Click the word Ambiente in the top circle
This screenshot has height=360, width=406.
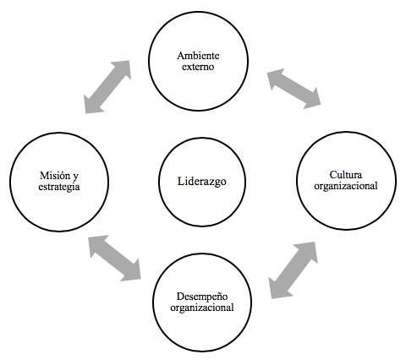[198, 56]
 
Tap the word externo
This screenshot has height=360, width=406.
[198, 67]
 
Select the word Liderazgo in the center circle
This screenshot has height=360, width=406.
[202, 182]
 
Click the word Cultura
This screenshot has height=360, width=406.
[346, 175]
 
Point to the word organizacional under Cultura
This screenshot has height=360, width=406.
[346, 186]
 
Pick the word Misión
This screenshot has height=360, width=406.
[56, 176]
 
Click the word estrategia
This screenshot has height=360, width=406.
[59, 187]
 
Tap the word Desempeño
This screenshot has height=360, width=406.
[202, 297]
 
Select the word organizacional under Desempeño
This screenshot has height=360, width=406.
[202, 308]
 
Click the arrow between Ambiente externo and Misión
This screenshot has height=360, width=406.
[107, 87]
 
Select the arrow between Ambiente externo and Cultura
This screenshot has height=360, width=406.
[294, 89]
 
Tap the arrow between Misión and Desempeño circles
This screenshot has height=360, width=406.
[114, 258]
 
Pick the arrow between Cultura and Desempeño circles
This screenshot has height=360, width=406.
[293, 270]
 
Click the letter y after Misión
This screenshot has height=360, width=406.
[75, 177]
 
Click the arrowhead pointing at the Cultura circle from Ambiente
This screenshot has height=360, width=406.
[312, 99]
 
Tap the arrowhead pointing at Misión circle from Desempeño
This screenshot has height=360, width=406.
[97, 244]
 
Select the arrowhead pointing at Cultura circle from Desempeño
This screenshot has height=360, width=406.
[308, 252]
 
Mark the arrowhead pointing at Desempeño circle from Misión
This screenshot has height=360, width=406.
[131, 271]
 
